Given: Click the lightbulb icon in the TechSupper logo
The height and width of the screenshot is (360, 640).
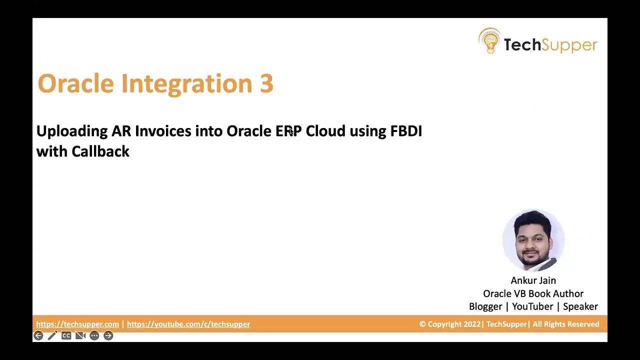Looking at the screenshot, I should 489,41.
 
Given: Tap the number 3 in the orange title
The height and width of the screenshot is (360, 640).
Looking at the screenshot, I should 266,83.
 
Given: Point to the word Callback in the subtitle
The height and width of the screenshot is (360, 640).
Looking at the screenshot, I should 100,151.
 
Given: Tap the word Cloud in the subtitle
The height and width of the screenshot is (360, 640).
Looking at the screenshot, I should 325,131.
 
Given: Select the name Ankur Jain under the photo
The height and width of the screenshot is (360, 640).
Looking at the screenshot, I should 533,280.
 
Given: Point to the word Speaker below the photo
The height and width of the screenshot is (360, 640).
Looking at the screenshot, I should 580,306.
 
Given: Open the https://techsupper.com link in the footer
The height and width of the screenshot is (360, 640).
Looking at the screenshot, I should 77,324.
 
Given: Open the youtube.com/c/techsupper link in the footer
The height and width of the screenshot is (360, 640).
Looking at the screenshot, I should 188,324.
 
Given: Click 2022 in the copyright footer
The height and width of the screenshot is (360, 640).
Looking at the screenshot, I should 472,324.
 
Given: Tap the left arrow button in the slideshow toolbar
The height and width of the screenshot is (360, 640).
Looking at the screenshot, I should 38,335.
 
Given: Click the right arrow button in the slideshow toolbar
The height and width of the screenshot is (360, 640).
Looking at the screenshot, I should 108,335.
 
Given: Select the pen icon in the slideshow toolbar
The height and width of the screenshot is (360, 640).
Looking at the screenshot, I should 52,335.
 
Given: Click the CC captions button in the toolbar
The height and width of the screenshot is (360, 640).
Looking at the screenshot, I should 66,335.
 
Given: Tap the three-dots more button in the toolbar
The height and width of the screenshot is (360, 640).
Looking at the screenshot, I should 94,335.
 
